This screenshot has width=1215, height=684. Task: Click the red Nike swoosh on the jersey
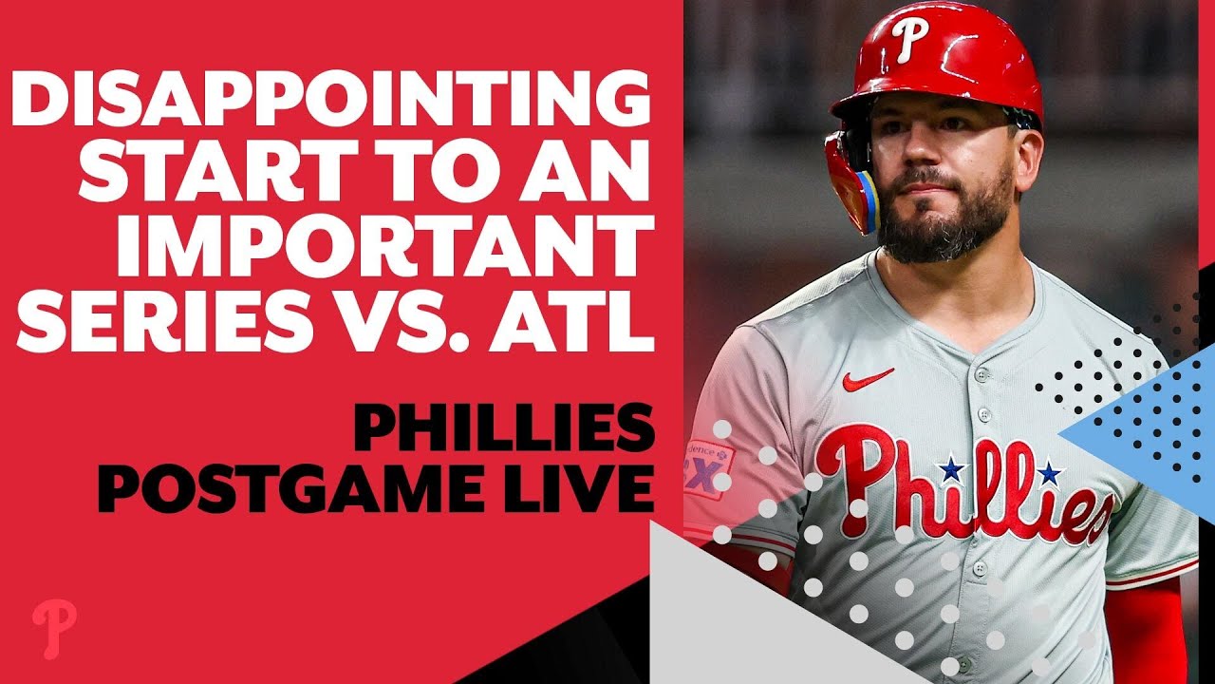pyautogui.click(x=868, y=379)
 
